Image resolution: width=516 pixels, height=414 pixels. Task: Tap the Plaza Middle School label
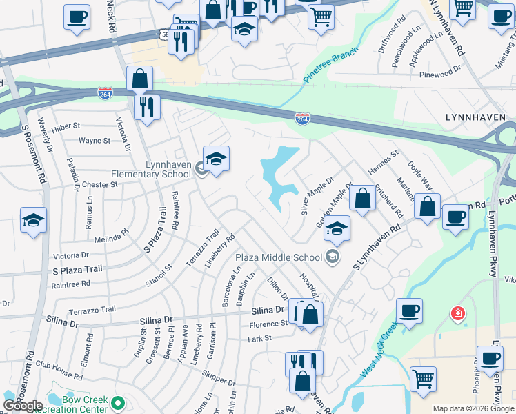coord(279,257)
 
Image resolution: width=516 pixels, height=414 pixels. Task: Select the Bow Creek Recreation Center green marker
coord(118,402)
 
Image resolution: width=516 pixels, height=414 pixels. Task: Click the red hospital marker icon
coord(457,314)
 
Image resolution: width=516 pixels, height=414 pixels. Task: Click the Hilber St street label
coord(66,127)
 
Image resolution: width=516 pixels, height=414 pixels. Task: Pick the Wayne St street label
coord(95,141)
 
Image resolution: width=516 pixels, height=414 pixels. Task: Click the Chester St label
coord(99,185)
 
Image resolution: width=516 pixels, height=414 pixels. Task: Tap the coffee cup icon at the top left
coord(77,16)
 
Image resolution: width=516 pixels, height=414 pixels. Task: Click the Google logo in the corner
coord(23,406)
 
